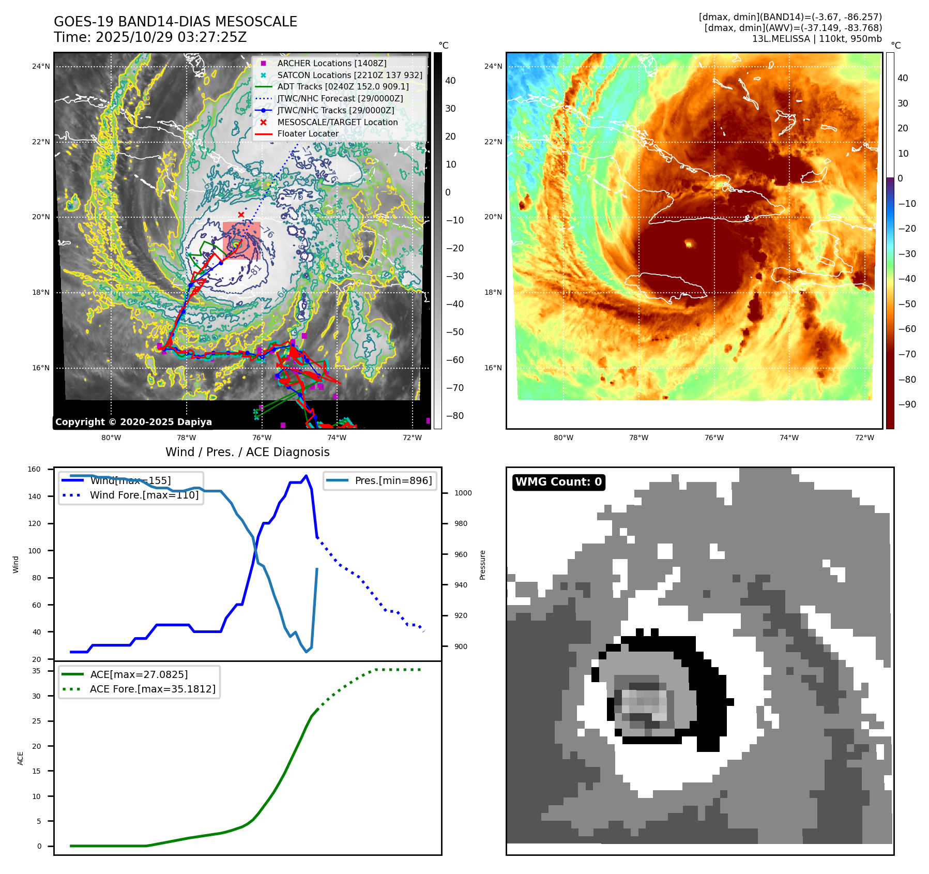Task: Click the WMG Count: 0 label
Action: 558,482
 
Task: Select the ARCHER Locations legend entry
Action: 331,63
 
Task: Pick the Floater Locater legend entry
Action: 308,133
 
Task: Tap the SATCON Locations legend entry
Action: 349,75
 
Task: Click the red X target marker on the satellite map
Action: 241,215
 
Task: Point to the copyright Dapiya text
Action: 133,422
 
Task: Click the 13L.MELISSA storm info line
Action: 816,39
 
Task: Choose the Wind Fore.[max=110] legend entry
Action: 144,495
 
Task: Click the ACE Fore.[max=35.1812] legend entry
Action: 153,689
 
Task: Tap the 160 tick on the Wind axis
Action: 34,470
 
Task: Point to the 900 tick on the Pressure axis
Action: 461,646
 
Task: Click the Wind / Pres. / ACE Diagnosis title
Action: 247,452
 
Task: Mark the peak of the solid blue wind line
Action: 306,476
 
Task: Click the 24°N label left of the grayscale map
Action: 41,66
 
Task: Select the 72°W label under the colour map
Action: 864,438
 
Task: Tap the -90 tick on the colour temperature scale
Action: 907,404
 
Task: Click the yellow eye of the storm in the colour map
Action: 689,243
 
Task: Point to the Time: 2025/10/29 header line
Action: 150,37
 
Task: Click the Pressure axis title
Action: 482,565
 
